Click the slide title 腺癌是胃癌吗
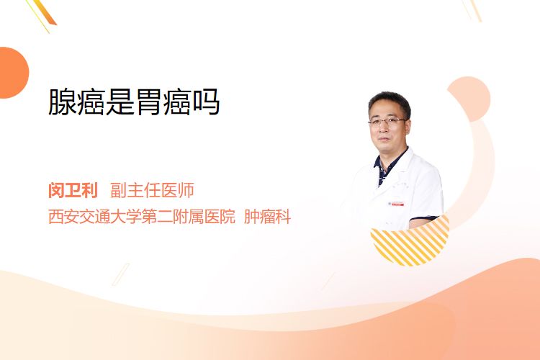pos(134,102)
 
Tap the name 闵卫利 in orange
pos(73,190)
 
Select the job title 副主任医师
pos(152,190)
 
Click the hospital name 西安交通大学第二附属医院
pos(142,217)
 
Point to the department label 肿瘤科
pos(268,217)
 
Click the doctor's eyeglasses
pos(387,121)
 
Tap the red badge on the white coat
pos(396,204)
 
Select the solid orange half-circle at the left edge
pos(14,73)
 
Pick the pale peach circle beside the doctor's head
pos(469,98)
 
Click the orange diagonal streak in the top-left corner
pos(45,12)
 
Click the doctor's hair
pos(390,101)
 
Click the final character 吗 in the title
pos(207,102)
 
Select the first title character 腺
pos(62,102)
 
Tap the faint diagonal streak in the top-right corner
pos(472,10)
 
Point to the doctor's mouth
pos(384,139)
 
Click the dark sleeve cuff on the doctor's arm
pos(423,218)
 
